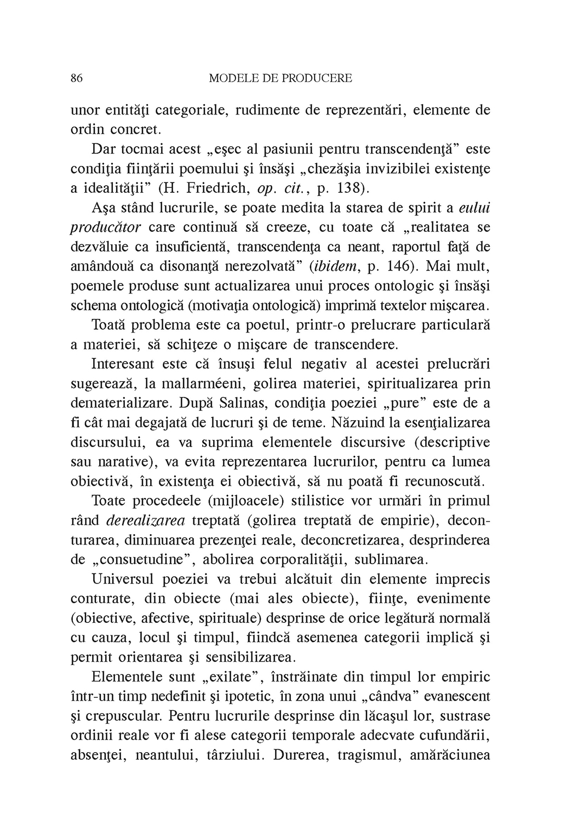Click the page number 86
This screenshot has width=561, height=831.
[x=77, y=78]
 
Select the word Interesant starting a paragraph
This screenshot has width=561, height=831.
[x=127, y=364]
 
